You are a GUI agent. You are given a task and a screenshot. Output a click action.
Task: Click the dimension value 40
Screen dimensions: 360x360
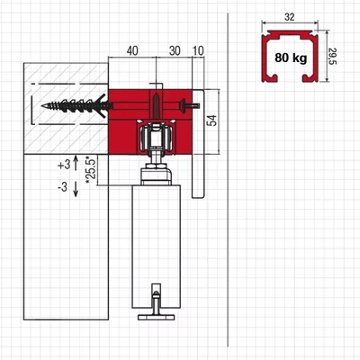pyautogui.click(x=132, y=51)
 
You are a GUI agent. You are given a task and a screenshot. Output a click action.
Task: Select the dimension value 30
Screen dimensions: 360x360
pyautogui.click(x=175, y=51)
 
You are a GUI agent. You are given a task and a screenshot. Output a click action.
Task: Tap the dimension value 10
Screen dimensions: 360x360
pyautogui.click(x=198, y=51)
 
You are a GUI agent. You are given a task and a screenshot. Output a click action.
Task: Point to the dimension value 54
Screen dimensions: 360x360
pyautogui.click(x=212, y=121)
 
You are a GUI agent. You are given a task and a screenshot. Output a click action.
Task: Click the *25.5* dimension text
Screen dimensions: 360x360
pyautogui.click(x=91, y=169)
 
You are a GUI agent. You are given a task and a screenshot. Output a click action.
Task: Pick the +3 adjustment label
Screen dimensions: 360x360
pyautogui.click(x=64, y=165)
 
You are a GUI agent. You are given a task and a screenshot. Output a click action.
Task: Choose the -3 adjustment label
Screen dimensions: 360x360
pyautogui.click(x=63, y=187)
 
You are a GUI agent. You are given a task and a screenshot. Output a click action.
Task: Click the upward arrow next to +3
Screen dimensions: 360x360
pyautogui.click(x=76, y=163)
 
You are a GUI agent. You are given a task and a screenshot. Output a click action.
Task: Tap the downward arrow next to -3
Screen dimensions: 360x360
pyautogui.click(x=76, y=189)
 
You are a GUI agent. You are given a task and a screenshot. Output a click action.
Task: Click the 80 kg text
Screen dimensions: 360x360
pyautogui.click(x=291, y=58)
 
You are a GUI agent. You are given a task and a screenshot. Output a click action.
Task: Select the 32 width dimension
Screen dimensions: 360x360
pyautogui.click(x=290, y=17)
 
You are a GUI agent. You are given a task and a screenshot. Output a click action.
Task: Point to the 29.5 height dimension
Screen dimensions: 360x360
pyautogui.click(x=333, y=56)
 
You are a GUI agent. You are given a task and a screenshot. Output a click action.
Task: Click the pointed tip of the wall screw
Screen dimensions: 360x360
pyautogui.click(x=42, y=105)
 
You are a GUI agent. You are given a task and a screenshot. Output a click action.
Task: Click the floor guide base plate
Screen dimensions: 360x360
pyautogui.click(x=156, y=317)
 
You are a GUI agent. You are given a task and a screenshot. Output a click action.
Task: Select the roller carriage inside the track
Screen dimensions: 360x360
pyautogui.click(x=156, y=137)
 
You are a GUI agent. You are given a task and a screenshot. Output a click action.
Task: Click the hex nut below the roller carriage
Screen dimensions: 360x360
pyautogui.click(x=156, y=166)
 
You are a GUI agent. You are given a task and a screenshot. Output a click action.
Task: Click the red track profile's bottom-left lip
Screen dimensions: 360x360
pyautogui.click(x=270, y=78)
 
